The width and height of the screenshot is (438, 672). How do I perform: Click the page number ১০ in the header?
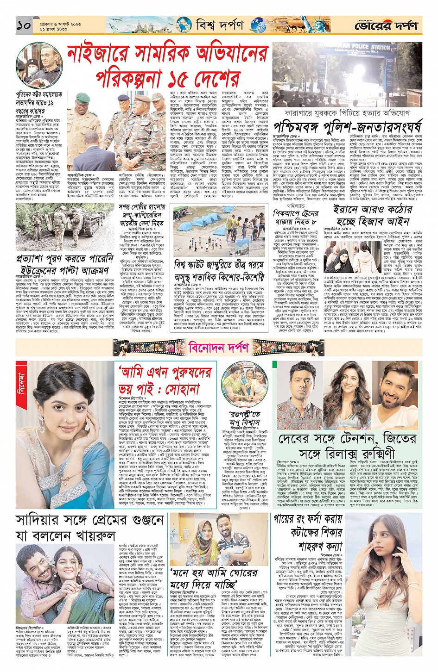[x=24, y=25]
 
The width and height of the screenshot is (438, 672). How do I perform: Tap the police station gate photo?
[x=347, y=75]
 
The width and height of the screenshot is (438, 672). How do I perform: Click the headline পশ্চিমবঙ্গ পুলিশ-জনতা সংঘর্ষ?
[x=348, y=126]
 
